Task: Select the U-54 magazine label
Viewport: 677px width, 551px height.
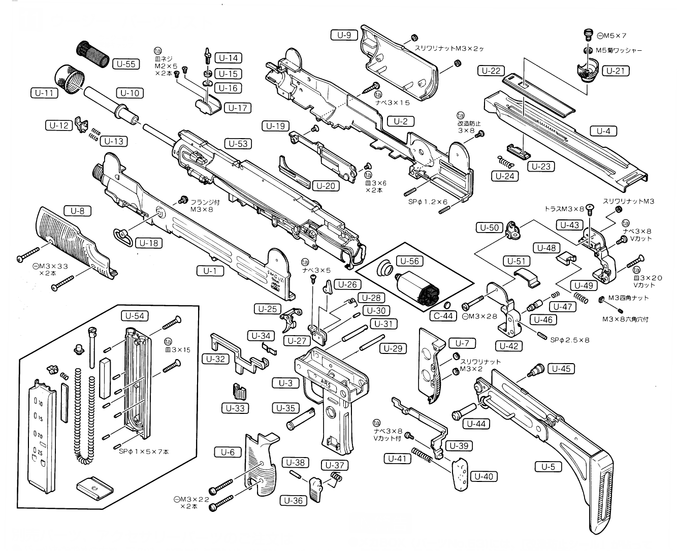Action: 134,316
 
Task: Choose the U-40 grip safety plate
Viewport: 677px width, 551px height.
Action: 460,472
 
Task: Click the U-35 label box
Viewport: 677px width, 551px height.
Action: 286,408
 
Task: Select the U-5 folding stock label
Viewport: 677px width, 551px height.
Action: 549,466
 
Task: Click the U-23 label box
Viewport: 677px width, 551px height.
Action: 540,167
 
